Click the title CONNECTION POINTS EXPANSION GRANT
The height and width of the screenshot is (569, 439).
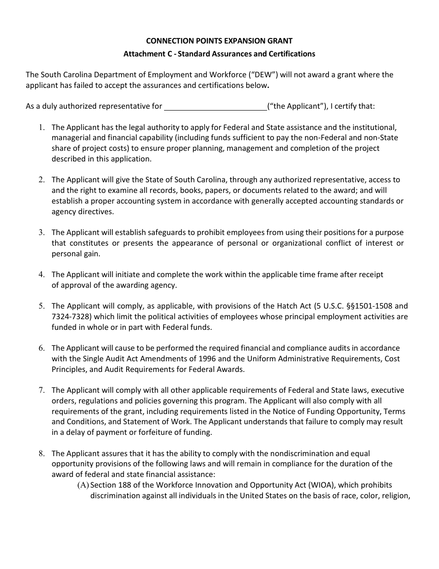point(219,41)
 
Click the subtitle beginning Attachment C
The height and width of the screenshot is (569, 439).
point(219,54)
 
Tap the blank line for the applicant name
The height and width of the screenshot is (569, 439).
point(215,107)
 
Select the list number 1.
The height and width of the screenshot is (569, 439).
point(42,127)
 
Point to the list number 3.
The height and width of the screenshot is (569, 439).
point(42,233)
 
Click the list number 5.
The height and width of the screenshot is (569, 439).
point(42,306)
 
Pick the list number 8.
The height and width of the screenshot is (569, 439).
point(42,454)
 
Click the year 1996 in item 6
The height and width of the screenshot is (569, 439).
point(207,359)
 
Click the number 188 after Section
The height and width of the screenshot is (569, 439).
point(124,485)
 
